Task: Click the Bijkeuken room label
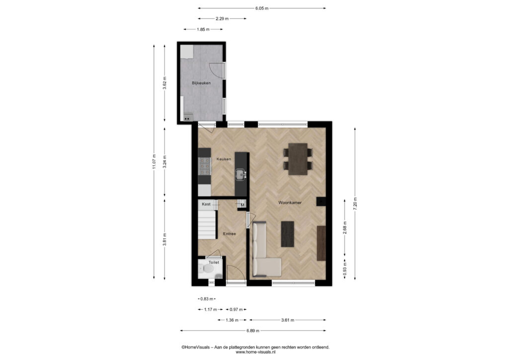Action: pyautogui.click(x=201, y=83)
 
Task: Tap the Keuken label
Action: pyautogui.click(x=224, y=159)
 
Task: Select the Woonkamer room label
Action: pyautogui.click(x=290, y=202)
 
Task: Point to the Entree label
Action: pyautogui.click(x=229, y=234)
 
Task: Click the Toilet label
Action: pyautogui.click(x=214, y=262)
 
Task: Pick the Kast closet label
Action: pyautogui.click(x=206, y=204)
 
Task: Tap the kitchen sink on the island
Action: pyautogui.click(x=241, y=175)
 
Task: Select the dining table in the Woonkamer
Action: pyautogui.click(x=298, y=159)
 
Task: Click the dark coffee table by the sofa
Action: pyautogui.click(x=288, y=234)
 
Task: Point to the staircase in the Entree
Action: pyautogui.click(x=207, y=224)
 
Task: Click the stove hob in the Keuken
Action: pyautogui.click(x=204, y=166)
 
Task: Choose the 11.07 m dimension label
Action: pyautogui.click(x=154, y=162)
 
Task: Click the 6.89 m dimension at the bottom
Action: pyautogui.click(x=253, y=331)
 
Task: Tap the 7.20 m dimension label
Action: pyautogui.click(x=355, y=203)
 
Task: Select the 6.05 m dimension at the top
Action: pyautogui.click(x=262, y=8)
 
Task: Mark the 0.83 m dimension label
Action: pyautogui.click(x=207, y=299)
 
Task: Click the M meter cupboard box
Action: pyautogui.click(x=242, y=205)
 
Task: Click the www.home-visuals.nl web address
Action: pyautogui.click(x=255, y=352)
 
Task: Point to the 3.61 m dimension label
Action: pyautogui.click(x=288, y=320)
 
